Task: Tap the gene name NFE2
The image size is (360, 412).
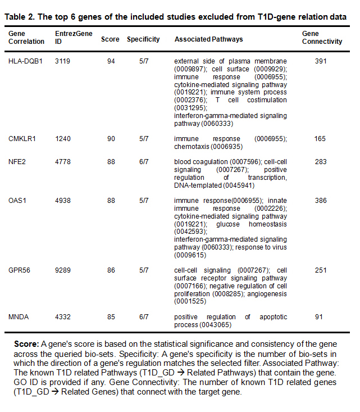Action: [x=17, y=162]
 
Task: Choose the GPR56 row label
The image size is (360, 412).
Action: [x=20, y=270]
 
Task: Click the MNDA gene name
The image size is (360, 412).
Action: [x=19, y=317]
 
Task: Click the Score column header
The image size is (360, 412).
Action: [x=110, y=39]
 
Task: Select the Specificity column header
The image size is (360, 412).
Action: [x=143, y=39]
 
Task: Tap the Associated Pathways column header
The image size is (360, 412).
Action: [x=208, y=39]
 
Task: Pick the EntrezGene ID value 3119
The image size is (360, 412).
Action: [x=63, y=61]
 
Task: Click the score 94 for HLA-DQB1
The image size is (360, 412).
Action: [x=111, y=61]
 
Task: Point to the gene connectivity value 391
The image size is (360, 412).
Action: [x=321, y=61]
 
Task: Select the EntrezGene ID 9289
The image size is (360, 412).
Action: [x=63, y=270]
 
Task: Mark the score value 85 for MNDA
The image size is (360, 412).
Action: [x=111, y=317]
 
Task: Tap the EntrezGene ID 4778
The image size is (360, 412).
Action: [x=63, y=162]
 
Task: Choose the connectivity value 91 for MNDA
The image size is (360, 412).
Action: [x=319, y=317]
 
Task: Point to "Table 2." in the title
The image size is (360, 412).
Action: [x=19, y=17]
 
